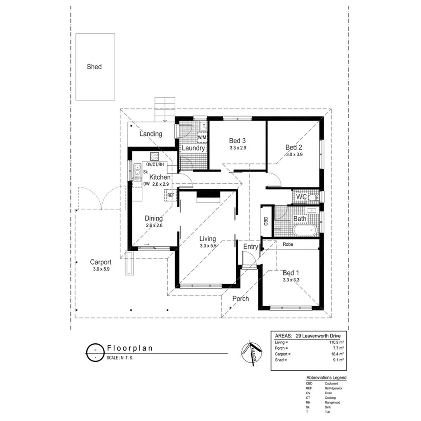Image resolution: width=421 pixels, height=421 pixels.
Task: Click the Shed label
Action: [94, 67]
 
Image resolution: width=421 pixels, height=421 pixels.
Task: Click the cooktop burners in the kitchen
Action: [154, 157]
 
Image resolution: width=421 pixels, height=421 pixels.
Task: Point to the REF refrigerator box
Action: [170, 195]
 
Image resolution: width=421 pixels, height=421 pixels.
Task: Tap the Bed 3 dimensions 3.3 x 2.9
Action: [238, 148]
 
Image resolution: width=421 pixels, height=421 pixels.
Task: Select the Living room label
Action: [208, 239]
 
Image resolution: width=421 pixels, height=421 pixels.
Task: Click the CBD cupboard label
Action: [266, 221]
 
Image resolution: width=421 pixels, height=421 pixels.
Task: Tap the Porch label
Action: [240, 299]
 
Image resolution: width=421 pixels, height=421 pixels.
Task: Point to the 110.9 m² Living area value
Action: [336, 342]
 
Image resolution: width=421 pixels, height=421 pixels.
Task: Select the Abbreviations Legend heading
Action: [326, 377]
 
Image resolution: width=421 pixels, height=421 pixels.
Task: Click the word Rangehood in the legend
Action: [332, 402]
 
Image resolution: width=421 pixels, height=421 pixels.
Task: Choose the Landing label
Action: [150, 134]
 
